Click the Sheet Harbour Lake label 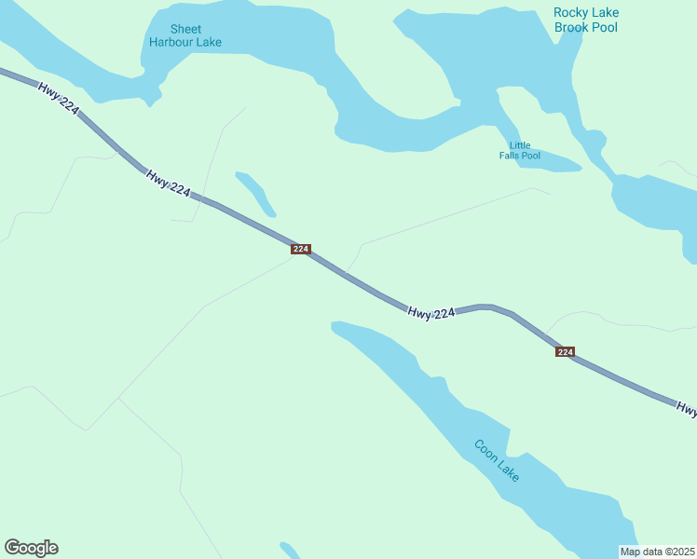tap(185, 35)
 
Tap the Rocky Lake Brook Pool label tap(585, 20)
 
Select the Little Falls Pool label tap(519, 150)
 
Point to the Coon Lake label tap(497, 460)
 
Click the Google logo tap(31, 548)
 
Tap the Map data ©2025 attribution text tap(658, 552)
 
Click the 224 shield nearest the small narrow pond tap(300, 250)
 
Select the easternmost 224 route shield tap(565, 351)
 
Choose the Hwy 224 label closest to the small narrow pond tap(168, 183)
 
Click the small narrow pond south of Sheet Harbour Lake tap(255, 192)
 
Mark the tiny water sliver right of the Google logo tap(289, 550)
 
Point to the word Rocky tap(571, 12)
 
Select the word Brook tap(573, 27)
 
